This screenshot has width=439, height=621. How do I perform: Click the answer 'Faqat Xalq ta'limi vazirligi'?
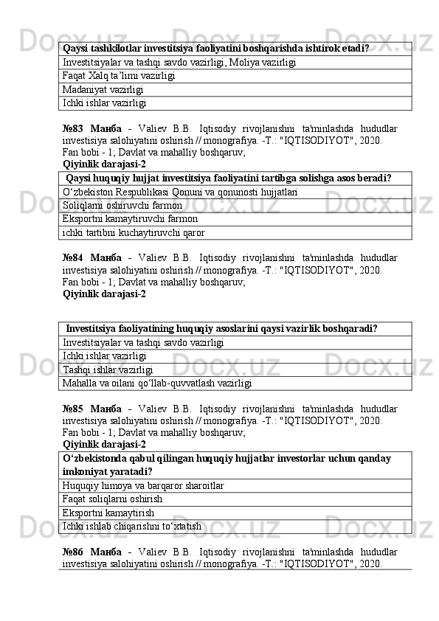[x=119, y=76]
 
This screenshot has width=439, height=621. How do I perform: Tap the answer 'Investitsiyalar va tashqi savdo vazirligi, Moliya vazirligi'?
[x=180, y=63]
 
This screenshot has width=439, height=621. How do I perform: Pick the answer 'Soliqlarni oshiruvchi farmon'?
[x=123, y=205]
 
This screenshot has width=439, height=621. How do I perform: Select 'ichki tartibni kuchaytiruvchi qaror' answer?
[x=134, y=232]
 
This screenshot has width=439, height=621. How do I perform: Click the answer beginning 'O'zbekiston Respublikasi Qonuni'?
[x=181, y=192]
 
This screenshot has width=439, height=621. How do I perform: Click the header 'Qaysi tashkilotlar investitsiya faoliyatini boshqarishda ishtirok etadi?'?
[x=216, y=49]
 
